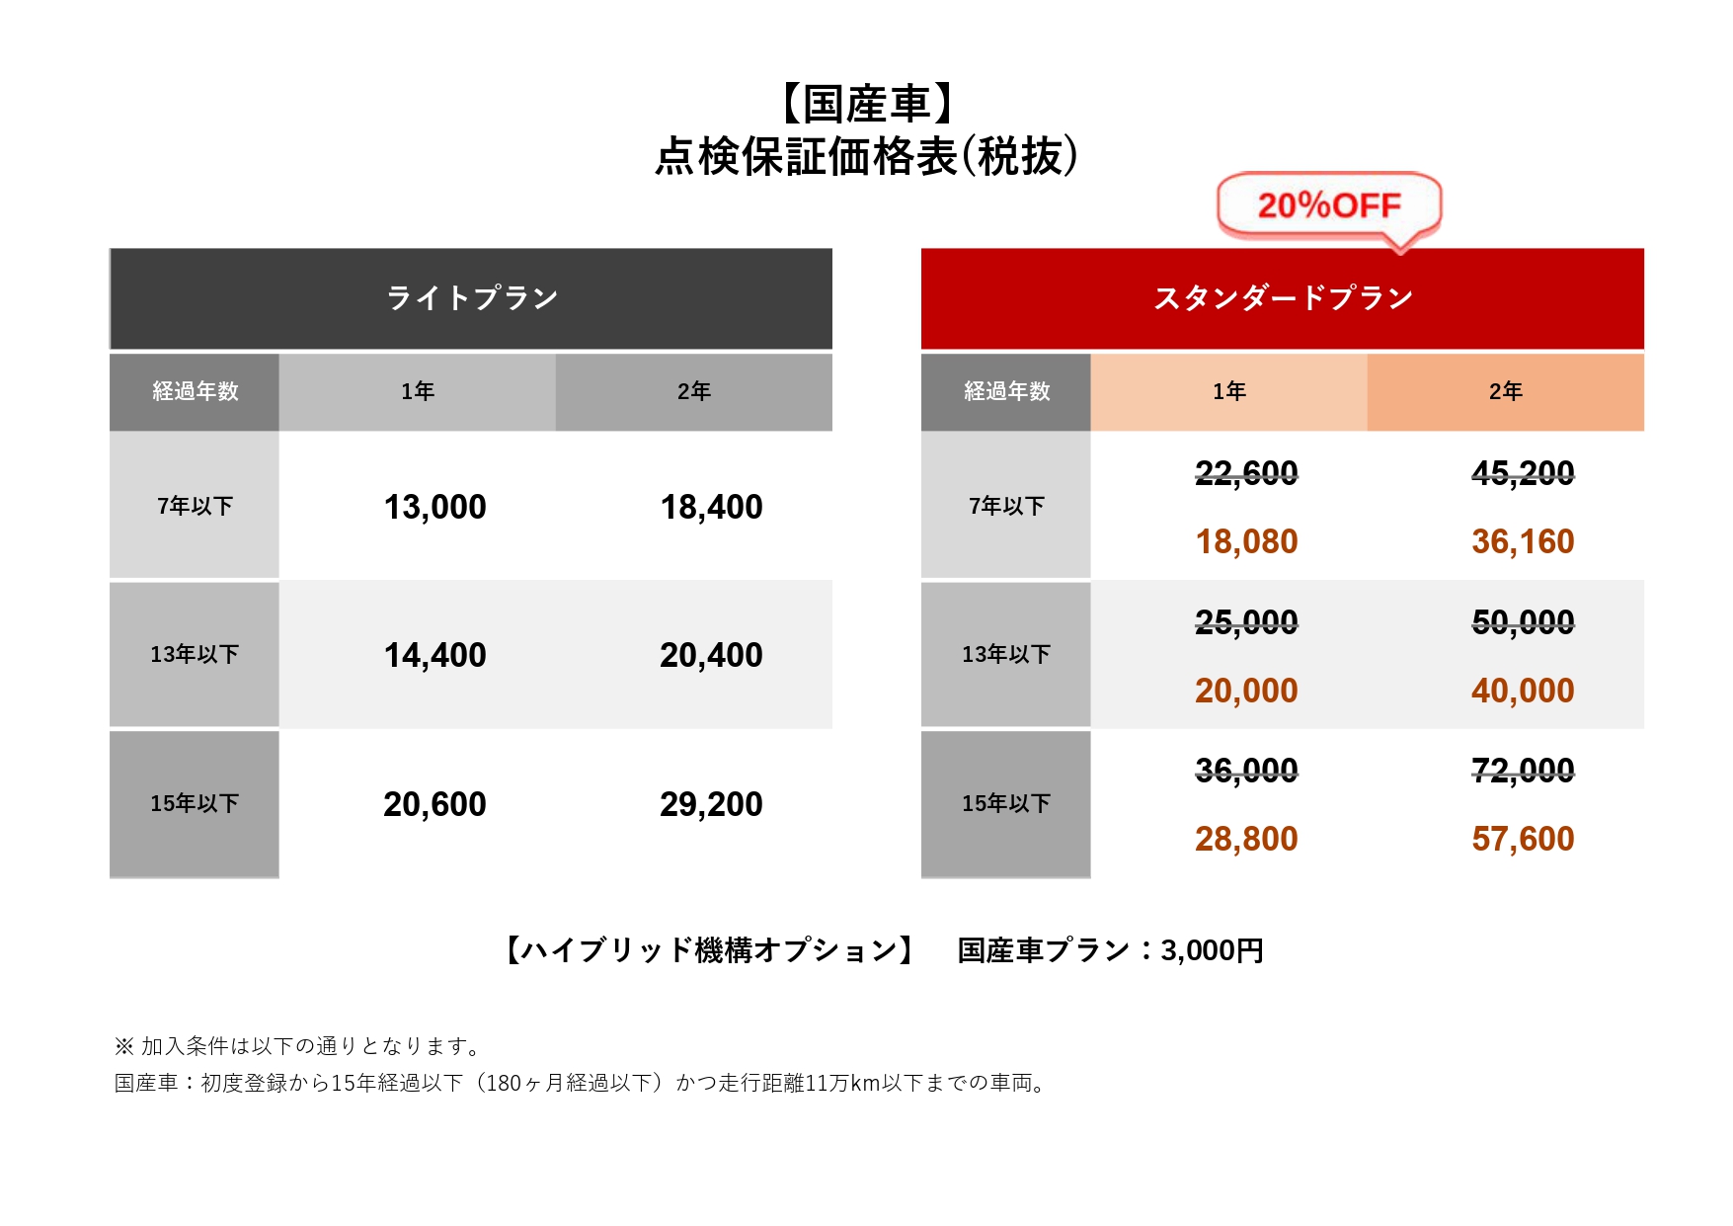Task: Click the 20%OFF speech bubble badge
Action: tap(1329, 205)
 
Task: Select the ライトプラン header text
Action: tap(472, 297)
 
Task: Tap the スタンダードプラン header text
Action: tap(1283, 297)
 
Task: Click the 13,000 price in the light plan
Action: tap(434, 507)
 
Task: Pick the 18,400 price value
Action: tap(711, 507)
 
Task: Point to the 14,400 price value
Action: tap(434, 655)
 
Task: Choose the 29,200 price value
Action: tap(711, 804)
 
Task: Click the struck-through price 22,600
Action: tap(1246, 473)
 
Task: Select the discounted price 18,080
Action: tap(1246, 541)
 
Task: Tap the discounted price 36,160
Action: tap(1523, 541)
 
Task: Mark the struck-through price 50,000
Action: tap(1523, 621)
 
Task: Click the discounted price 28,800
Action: tap(1246, 839)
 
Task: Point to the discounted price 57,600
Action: tap(1523, 839)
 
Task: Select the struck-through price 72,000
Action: tap(1523, 770)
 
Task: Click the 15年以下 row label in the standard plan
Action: tap(1005, 803)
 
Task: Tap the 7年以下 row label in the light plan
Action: tap(195, 506)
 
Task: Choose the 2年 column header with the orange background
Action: tap(1505, 391)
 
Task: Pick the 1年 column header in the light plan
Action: tap(417, 391)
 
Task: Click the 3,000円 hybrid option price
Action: tap(1212, 950)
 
